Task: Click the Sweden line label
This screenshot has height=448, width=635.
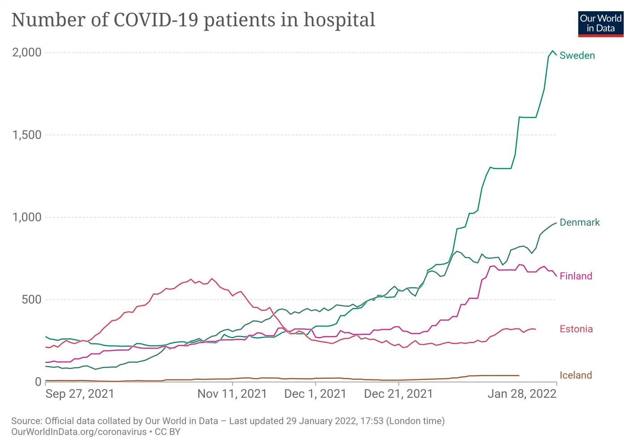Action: click(x=577, y=56)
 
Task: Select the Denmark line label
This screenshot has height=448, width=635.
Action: click(x=579, y=223)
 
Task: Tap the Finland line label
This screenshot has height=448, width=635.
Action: click(x=576, y=276)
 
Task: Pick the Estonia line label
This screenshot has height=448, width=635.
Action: click(x=576, y=329)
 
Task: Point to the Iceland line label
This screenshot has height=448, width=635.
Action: click(x=575, y=375)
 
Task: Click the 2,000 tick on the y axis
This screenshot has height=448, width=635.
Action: click(x=27, y=52)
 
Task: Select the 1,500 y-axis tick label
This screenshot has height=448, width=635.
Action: click(x=27, y=135)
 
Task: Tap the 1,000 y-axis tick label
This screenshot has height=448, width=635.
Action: click(x=27, y=217)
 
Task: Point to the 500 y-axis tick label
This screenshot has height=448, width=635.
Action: click(x=31, y=300)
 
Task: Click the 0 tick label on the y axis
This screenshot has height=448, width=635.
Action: click(x=38, y=382)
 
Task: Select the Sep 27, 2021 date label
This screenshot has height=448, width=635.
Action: click(x=80, y=394)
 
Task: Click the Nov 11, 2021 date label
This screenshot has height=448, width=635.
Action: click(x=232, y=394)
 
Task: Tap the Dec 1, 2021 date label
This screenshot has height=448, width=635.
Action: click(x=315, y=394)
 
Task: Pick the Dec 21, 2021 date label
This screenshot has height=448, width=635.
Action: click(x=398, y=394)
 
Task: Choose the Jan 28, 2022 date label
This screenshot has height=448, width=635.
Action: click(x=522, y=394)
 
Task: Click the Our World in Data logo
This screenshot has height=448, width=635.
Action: click(x=600, y=24)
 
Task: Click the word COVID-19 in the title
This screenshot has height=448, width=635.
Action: click(x=156, y=20)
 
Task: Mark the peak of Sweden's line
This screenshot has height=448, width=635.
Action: click(x=553, y=51)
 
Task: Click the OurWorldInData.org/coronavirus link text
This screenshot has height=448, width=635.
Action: click(x=79, y=432)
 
